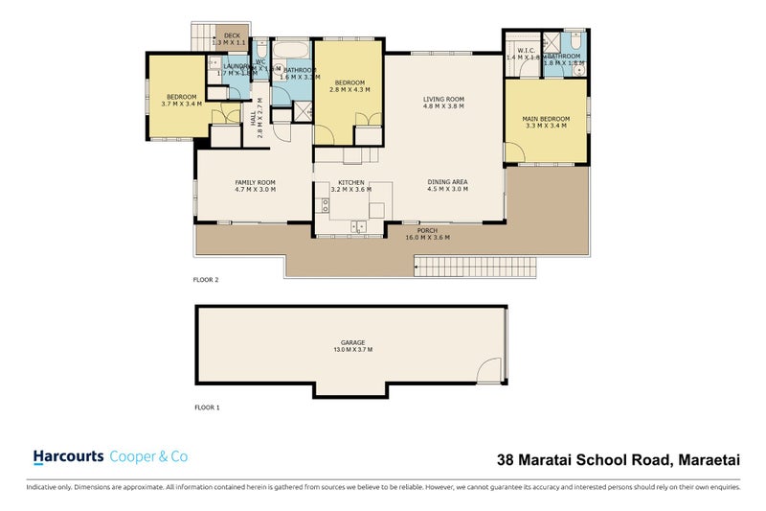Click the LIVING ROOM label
pos(443,99)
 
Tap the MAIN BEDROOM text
pos(544,118)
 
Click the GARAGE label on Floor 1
pos(353,342)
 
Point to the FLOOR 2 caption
pos(206,280)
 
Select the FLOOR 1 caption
pos(206,407)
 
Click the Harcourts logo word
pos(69,457)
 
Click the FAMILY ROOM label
pos(256,182)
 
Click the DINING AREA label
pos(447,182)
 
